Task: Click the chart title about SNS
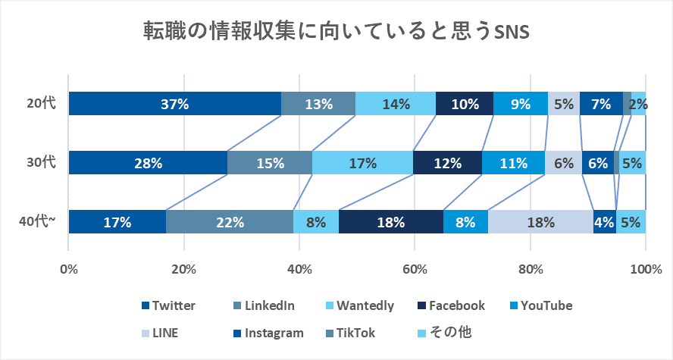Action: (x=336, y=33)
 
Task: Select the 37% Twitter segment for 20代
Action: (x=174, y=104)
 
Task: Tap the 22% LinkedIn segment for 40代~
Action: (x=230, y=222)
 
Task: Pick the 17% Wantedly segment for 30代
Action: (x=362, y=163)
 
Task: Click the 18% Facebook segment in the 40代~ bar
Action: (x=391, y=222)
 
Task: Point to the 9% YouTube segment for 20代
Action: (x=521, y=104)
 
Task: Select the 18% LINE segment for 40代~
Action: (x=540, y=222)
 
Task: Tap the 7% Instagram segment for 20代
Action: (x=601, y=104)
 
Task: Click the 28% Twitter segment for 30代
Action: (x=148, y=163)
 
